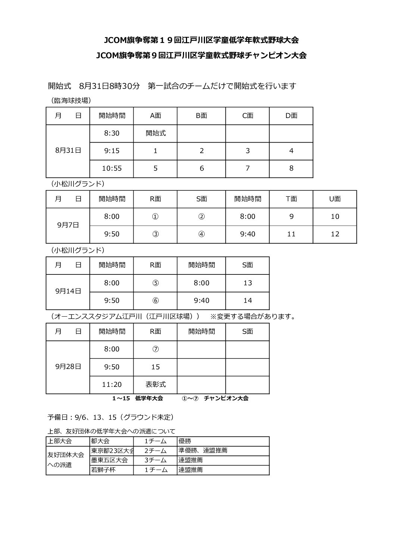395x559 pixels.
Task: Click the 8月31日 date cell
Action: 68,150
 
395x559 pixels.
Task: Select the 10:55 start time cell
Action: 112,168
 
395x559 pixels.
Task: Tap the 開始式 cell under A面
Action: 155,133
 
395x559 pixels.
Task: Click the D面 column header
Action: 291,116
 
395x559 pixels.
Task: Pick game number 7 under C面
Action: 248,168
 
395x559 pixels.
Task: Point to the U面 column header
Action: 335,199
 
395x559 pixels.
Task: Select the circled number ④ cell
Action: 202,234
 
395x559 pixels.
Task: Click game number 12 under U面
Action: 335,234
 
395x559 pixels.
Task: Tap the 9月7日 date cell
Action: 68,225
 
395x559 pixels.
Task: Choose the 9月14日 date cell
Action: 68,291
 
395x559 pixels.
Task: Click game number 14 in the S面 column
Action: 248,300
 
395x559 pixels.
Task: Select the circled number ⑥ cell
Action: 155,300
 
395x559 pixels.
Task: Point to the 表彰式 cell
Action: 155,384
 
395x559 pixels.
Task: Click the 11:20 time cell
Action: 112,384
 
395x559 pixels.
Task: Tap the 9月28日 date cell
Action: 68,367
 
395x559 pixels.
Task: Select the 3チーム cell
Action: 155,460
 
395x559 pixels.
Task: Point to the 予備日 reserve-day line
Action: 111,417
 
